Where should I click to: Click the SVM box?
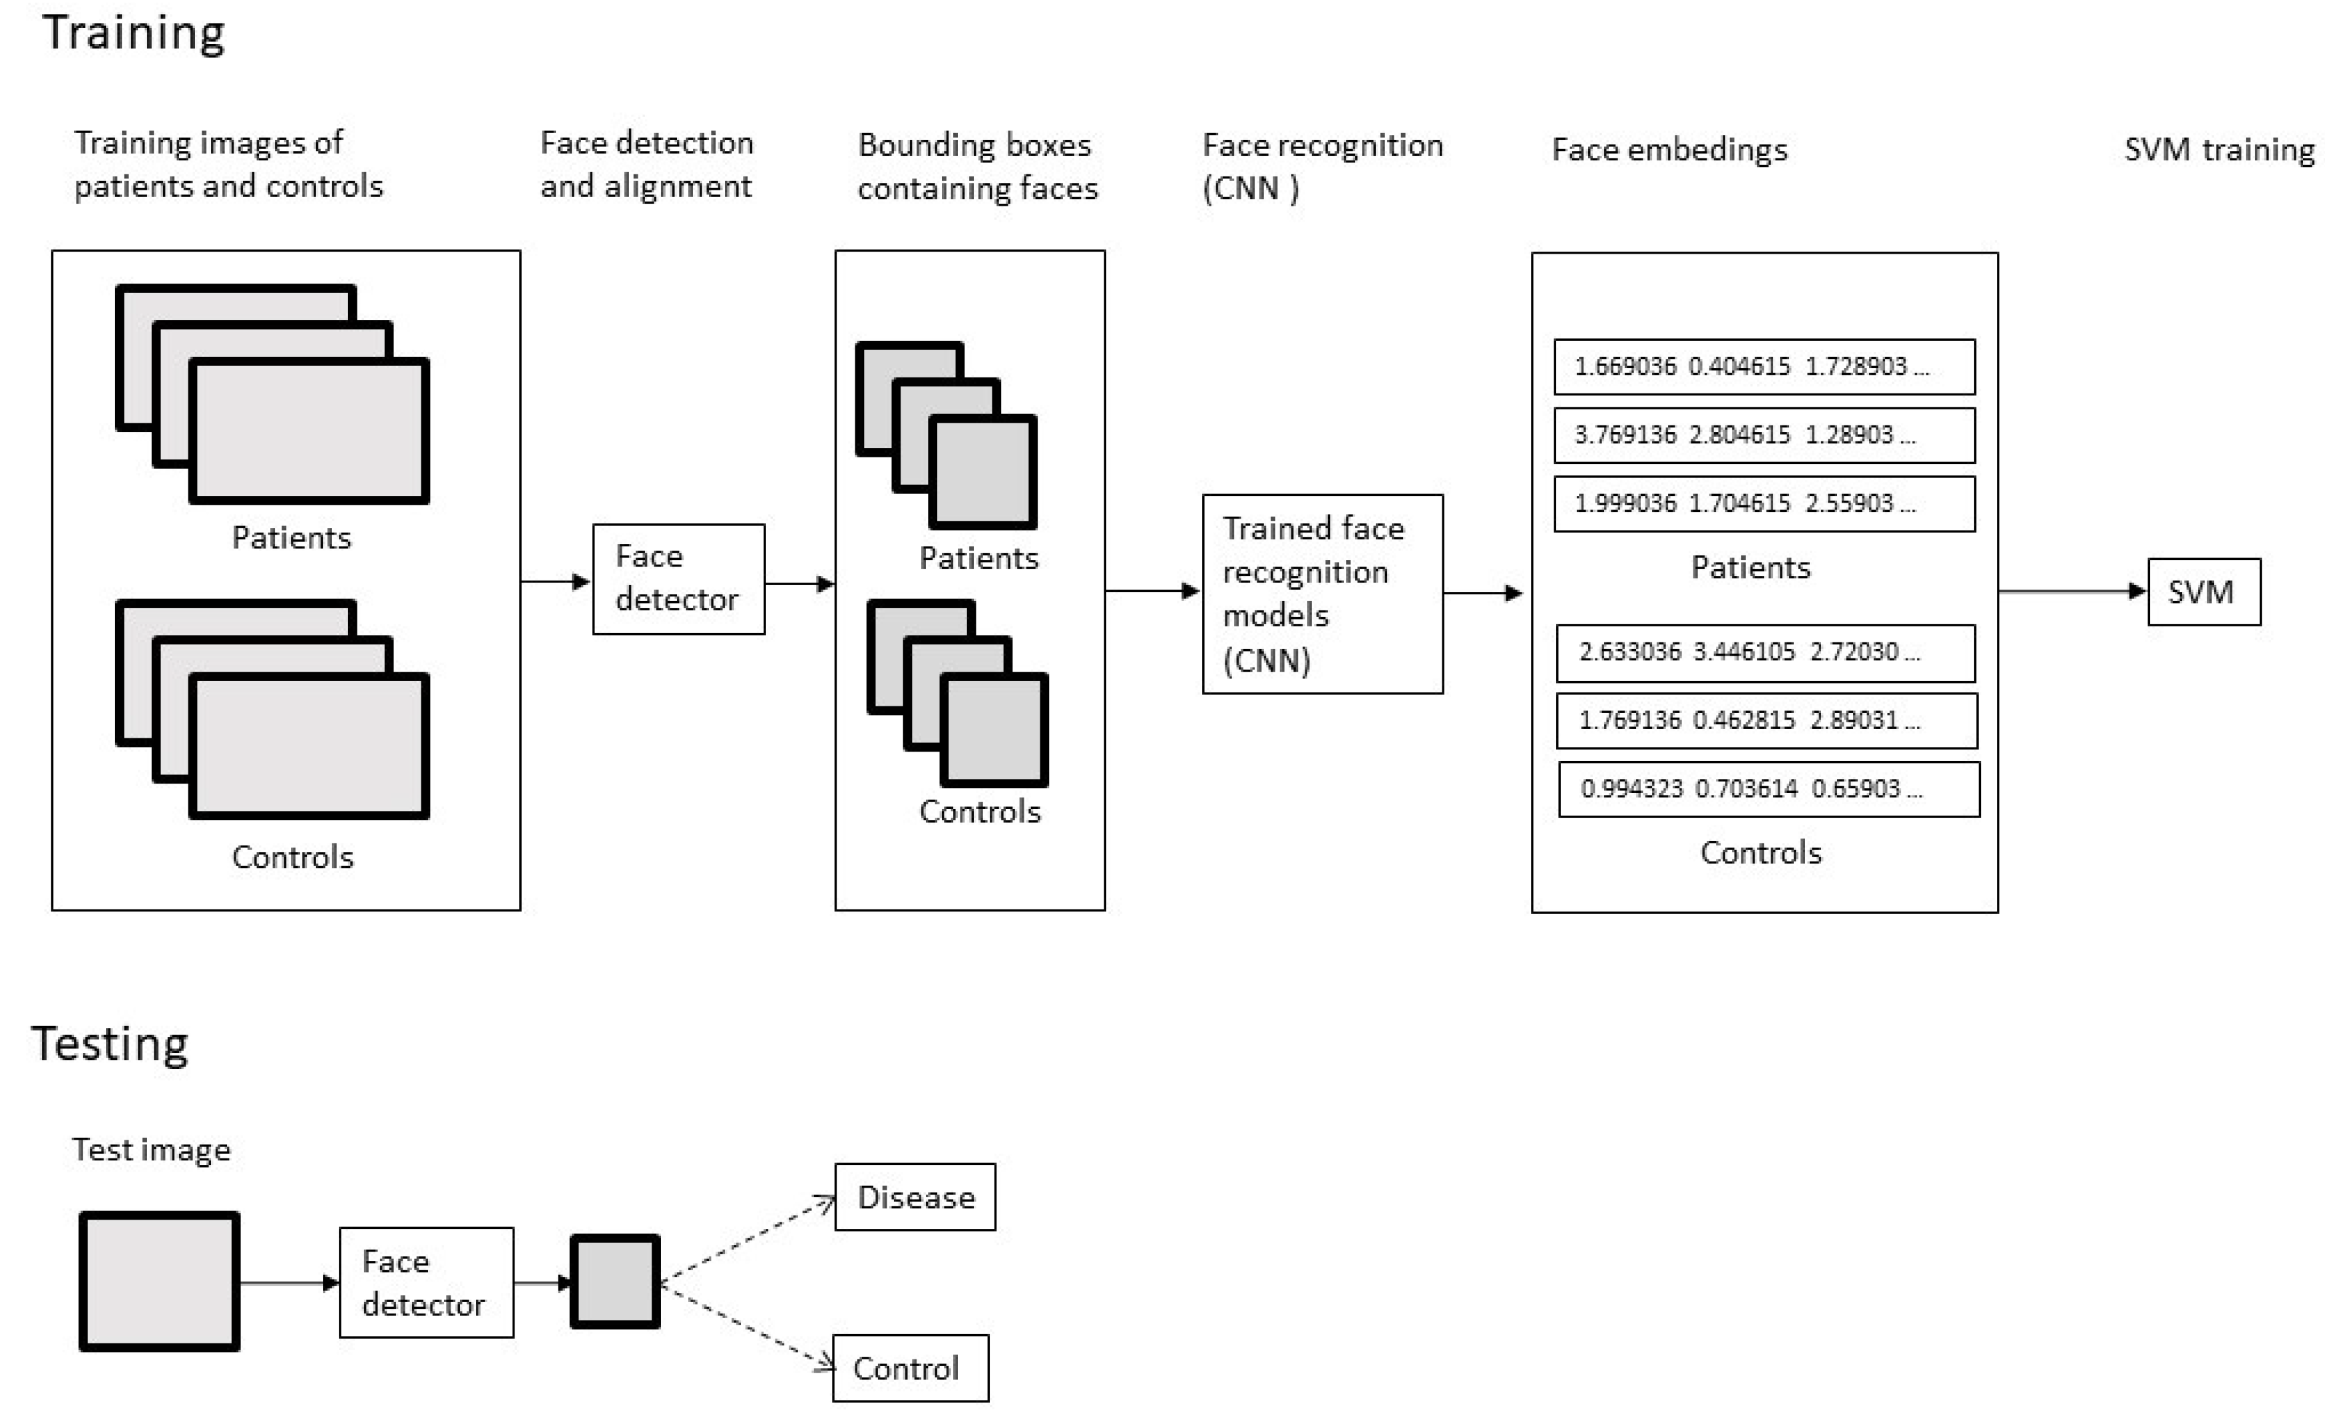(2205, 592)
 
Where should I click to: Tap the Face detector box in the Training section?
(678, 579)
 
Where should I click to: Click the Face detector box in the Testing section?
(427, 1282)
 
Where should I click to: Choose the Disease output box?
(915, 1196)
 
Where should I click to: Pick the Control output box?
(911, 1368)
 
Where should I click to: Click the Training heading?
(134, 34)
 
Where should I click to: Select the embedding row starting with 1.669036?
(1765, 367)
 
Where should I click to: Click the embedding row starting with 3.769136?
(1765, 435)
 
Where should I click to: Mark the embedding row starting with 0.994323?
(1769, 789)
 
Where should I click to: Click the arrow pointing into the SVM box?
(2072, 592)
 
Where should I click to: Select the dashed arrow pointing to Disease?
(747, 1240)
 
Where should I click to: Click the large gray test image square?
(160, 1282)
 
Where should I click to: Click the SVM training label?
(2219, 150)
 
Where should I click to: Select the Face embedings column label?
(1670, 150)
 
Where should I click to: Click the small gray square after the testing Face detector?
(615, 1282)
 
